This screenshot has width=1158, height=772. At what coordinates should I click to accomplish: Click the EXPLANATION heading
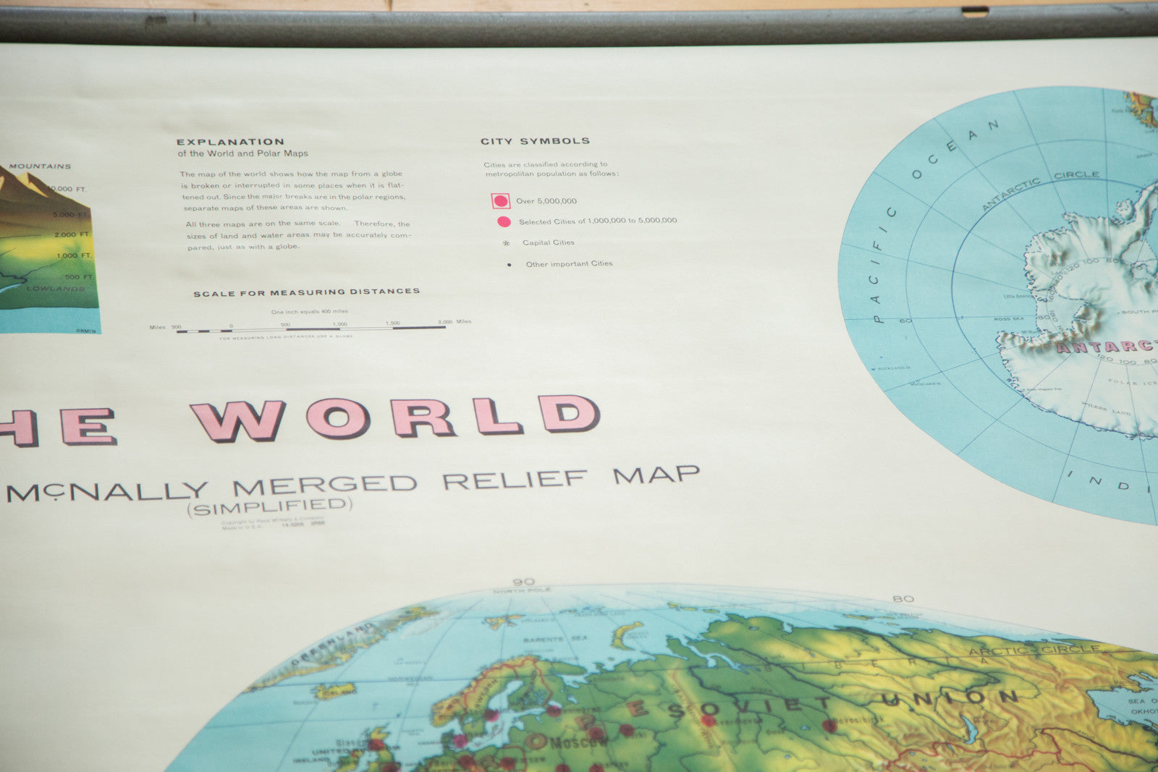click(x=230, y=142)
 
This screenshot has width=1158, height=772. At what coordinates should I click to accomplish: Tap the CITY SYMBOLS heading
click(x=535, y=141)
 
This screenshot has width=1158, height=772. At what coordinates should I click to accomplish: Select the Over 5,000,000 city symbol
click(x=500, y=201)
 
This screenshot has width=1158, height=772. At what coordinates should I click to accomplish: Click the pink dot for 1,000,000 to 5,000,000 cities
click(x=504, y=221)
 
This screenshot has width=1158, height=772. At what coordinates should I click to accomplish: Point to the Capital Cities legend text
click(x=548, y=242)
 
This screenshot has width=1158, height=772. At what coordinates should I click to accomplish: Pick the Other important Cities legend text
click(x=569, y=263)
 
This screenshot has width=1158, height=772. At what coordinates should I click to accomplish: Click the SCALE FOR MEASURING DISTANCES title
click(x=306, y=292)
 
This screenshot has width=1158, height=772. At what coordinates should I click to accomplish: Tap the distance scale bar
click(x=311, y=329)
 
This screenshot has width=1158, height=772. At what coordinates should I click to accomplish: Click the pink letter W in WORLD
click(x=237, y=421)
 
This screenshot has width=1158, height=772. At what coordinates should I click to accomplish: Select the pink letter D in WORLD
click(x=568, y=414)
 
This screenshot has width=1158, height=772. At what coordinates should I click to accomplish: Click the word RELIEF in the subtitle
click(x=515, y=479)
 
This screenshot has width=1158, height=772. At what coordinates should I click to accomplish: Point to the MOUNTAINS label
click(x=40, y=166)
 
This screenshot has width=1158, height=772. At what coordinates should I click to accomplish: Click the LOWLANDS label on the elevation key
click(x=56, y=289)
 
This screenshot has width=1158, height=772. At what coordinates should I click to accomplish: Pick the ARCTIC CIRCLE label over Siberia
click(x=1035, y=650)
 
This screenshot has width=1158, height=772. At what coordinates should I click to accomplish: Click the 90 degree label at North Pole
click(x=523, y=582)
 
